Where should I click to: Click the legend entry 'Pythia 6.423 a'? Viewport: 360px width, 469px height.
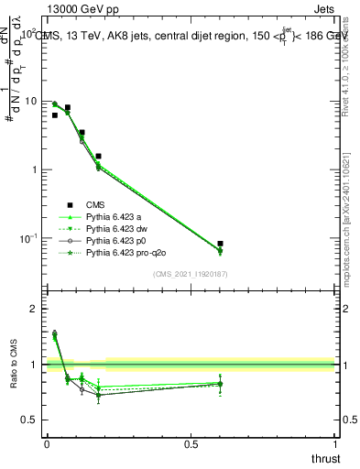click(116, 217)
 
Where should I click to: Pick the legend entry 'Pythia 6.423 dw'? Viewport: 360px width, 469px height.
click(119, 229)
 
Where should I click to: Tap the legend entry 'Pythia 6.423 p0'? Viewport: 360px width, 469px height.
click(119, 240)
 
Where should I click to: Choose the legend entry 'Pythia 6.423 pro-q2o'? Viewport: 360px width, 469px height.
click(129, 252)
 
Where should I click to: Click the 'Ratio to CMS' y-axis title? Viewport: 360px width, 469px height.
click(13, 377)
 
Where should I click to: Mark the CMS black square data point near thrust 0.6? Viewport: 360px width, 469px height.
click(220, 244)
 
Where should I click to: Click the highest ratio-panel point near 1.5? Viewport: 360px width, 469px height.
click(54, 333)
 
